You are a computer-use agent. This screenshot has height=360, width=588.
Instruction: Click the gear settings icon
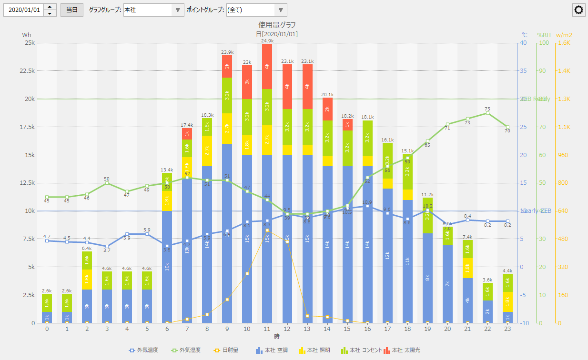click(x=579, y=10)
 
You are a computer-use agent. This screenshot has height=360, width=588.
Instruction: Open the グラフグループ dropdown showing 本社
click(x=153, y=10)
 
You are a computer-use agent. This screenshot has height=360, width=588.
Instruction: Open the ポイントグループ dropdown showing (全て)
click(x=256, y=10)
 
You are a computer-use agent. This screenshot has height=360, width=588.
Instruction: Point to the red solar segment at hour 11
click(x=267, y=66)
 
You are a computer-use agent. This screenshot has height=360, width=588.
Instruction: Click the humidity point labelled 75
click(x=487, y=113)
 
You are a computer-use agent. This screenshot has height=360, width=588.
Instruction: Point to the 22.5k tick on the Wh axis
click(x=26, y=70)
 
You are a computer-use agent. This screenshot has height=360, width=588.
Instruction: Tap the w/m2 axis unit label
click(x=564, y=35)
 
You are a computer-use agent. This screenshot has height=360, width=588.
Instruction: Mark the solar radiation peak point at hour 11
click(x=267, y=230)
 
